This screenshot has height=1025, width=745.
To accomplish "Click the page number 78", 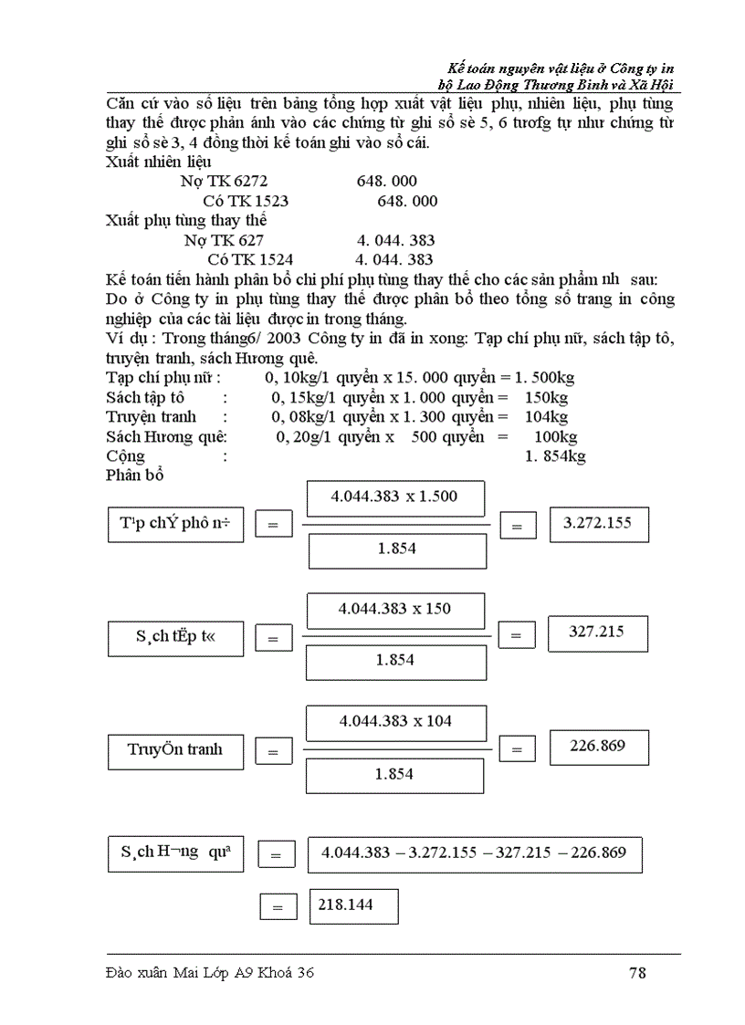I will [637, 973].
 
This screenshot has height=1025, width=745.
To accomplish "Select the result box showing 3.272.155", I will [599, 524].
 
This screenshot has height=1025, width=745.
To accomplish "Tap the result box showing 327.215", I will [597, 633].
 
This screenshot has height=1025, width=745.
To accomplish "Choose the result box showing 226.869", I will [598, 747].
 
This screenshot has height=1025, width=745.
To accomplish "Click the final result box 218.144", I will [353, 905].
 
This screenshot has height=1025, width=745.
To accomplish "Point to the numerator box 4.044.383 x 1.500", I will [395, 497].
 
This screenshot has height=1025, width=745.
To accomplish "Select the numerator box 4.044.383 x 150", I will [395, 609].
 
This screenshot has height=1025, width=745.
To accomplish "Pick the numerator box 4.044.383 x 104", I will [395, 721].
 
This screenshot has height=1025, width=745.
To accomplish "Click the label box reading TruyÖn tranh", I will [175, 750].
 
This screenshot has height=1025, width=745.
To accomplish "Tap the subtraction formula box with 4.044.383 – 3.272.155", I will [474, 853].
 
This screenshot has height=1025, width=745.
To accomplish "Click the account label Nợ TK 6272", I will [224, 182].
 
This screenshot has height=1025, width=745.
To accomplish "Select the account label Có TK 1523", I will [246, 201].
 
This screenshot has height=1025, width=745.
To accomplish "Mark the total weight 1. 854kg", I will [554, 456].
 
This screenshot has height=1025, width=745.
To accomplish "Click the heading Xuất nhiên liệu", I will [159, 162].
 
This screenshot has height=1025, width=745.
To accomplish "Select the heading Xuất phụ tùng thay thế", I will [186, 221].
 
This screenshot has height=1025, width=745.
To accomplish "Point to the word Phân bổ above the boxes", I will [134, 475].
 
